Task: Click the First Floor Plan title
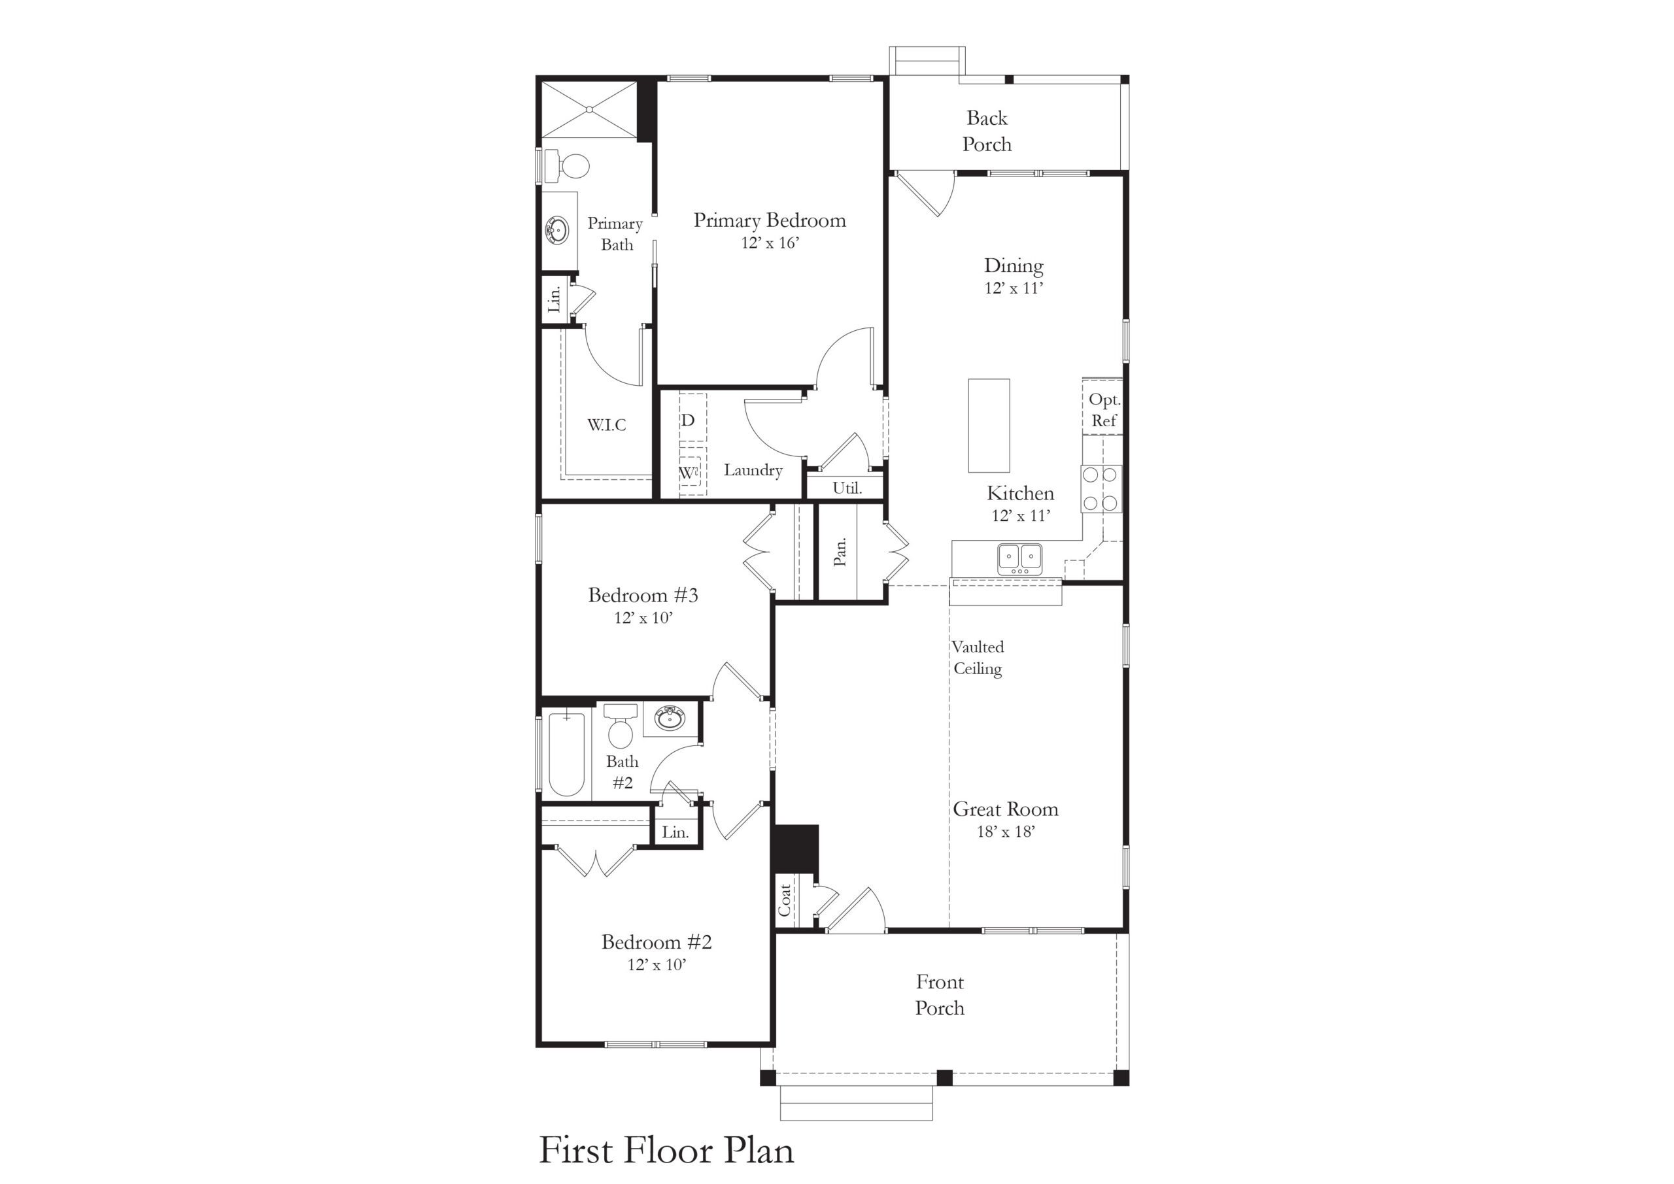666,1150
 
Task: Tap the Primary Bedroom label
769,220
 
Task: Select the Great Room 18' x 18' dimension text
1006,831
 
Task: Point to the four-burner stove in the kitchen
1101,488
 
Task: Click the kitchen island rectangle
989,425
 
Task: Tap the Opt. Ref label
1104,410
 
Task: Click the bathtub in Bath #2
566,754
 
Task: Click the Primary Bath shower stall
589,109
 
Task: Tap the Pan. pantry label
840,551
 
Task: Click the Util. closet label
847,488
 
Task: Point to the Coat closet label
785,900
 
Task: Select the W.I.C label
607,424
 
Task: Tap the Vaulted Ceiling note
978,658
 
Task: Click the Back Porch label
987,131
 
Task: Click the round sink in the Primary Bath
558,230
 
